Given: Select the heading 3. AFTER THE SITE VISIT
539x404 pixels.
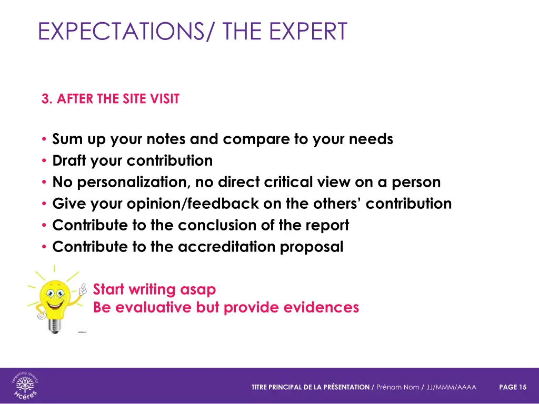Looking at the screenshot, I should (111, 99).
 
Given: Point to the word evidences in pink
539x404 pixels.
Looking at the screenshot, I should (321, 307).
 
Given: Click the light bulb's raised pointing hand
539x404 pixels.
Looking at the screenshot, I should (82, 288).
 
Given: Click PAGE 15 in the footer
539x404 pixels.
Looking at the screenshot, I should (512, 387).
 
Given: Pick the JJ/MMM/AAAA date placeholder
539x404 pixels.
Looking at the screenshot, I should (451, 387).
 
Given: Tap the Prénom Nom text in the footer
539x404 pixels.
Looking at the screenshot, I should (398, 387).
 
